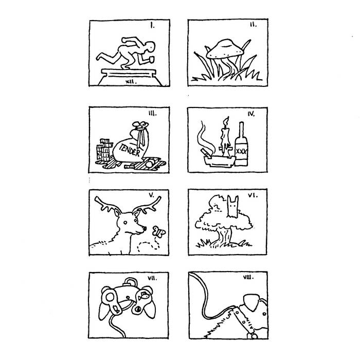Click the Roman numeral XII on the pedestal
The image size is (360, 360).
point(131,81)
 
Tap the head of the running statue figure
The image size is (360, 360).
point(150,46)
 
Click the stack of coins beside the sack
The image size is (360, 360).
point(103,150)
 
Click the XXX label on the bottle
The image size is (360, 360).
point(241,151)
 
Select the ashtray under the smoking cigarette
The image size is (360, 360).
point(220,160)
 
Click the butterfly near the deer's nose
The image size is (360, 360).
point(159,231)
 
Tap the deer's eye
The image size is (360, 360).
point(125,223)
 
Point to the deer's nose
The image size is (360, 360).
point(145,228)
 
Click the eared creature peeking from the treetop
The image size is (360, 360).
point(232,206)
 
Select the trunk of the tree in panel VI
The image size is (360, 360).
point(224,237)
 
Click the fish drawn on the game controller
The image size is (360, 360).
point(144,296)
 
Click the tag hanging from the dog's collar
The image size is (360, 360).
point(254,336)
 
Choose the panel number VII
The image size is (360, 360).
point(152,279)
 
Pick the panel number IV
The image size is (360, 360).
point(251,114)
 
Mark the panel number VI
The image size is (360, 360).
point(253,195)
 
